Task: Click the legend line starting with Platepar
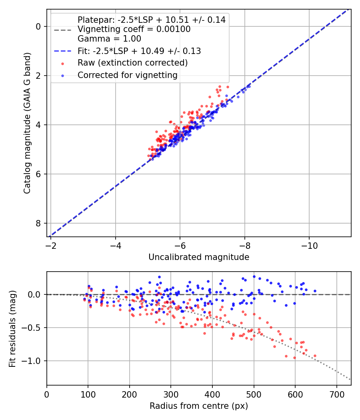point(151,20)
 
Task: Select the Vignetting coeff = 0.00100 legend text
point(134,29)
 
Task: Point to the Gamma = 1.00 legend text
point(109,39)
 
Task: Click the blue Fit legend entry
point(139,51)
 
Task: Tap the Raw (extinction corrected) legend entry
point(132,63)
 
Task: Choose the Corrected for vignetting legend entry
point(127,75)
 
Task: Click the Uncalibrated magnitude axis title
point(199,257)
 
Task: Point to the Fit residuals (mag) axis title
point(12,328)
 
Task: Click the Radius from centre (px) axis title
point(199,406)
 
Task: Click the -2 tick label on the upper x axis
point(51,244)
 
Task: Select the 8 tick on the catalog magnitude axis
point(39,223)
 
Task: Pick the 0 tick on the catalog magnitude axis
point(39,26)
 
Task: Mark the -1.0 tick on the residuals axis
point(34,361)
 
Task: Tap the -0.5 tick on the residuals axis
point(34,328)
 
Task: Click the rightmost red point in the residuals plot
point(315,356)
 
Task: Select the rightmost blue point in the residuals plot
point(315,291)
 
